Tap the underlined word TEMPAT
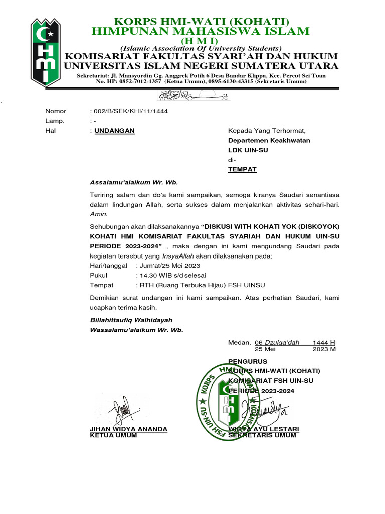coord(242,169)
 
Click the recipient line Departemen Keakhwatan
coord(269,140)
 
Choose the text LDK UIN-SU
coord(248,150)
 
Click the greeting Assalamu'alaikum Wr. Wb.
coord(133,182)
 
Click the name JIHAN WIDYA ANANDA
coord(128,429)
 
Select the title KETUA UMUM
coord(113,435)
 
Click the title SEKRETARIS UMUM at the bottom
coord(262,435)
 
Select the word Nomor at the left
coord(55,111)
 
